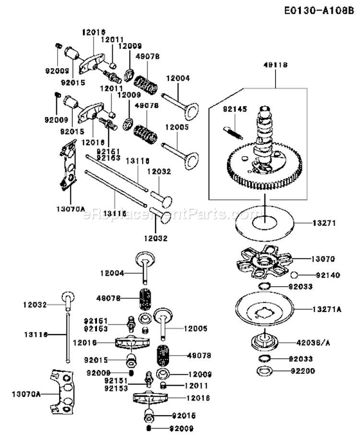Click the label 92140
(x=327, y=275)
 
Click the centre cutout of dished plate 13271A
(x=264, y=314)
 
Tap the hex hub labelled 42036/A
(x=264, y=341)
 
